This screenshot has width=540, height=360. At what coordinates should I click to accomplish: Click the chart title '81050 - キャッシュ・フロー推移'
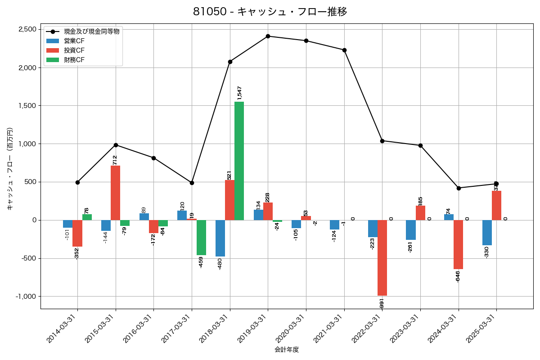tap(270, 12)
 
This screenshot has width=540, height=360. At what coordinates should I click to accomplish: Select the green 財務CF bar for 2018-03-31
tap(239, 161)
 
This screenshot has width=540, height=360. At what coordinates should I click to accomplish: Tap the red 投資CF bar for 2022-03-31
tap(382, 257)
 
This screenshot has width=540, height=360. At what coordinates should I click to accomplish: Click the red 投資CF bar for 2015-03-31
tap(116, 193)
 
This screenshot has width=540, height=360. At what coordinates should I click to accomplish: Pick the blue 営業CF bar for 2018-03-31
tap(220, 238)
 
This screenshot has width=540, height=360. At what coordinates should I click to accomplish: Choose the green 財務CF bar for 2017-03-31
tap(201, 238)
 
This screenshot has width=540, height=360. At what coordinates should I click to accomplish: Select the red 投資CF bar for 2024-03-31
tap(458, 244)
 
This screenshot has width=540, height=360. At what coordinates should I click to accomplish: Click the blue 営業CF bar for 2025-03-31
tap(487, 233)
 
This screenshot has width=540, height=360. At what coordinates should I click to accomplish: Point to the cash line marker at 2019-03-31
tap(268, 36)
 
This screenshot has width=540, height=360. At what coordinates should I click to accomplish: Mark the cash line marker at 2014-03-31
tap(77, 182)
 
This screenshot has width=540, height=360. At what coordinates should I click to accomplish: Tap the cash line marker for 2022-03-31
tap(382, 141)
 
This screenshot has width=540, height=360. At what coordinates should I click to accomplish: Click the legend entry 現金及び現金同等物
tap(91, 32)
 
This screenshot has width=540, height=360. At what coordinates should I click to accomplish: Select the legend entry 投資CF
tap(74, 50)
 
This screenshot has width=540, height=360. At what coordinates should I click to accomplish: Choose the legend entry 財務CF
tap(74, 59)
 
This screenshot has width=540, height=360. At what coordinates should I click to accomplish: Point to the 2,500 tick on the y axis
tap(27, 29)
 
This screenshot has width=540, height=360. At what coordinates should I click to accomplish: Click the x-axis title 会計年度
tap(287, 350)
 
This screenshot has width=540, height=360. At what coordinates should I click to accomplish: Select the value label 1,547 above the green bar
tap(239, 93)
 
